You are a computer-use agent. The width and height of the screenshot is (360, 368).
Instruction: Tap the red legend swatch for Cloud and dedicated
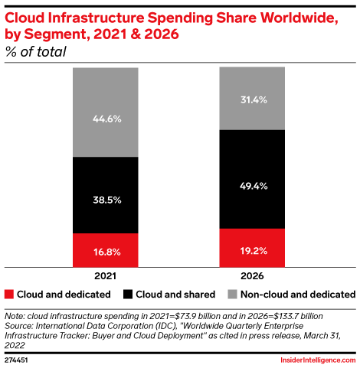(x=9, y=294)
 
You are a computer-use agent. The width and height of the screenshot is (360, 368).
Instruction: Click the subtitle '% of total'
(x=35, y=52)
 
